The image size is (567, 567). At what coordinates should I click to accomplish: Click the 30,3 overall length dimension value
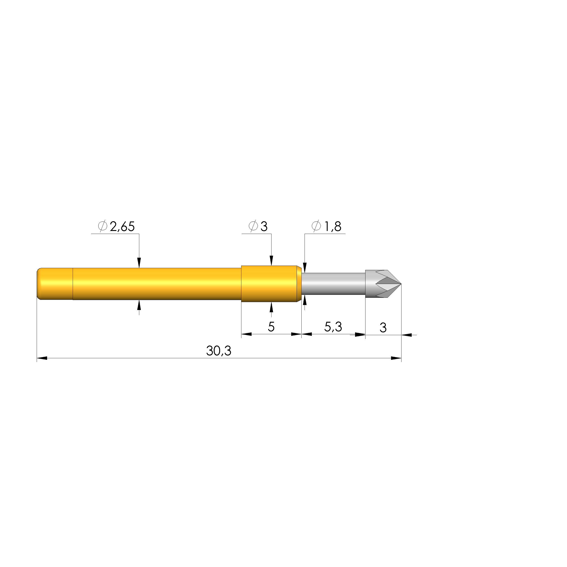(x=219, y=351)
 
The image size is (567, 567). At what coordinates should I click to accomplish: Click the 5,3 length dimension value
(x=333, y=327)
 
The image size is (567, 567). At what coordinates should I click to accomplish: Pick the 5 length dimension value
(x=271, y=327)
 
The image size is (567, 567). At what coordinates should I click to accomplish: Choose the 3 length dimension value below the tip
(x=383, y=327)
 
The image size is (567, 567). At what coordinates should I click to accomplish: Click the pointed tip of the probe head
(x=401, y=284)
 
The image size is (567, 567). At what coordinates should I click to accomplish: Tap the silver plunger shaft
(x=333, y=283)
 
